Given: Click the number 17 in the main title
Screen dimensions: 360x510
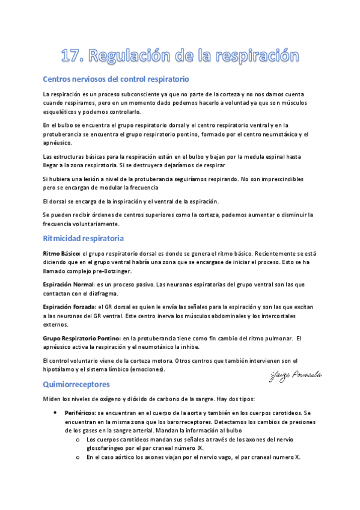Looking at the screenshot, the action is coord(73,57).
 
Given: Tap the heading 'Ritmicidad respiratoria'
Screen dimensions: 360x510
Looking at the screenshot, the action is coord(84,238).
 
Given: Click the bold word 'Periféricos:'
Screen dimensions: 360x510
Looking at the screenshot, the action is coord(79,413).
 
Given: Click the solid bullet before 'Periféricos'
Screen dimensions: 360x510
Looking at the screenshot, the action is coord(55,413).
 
